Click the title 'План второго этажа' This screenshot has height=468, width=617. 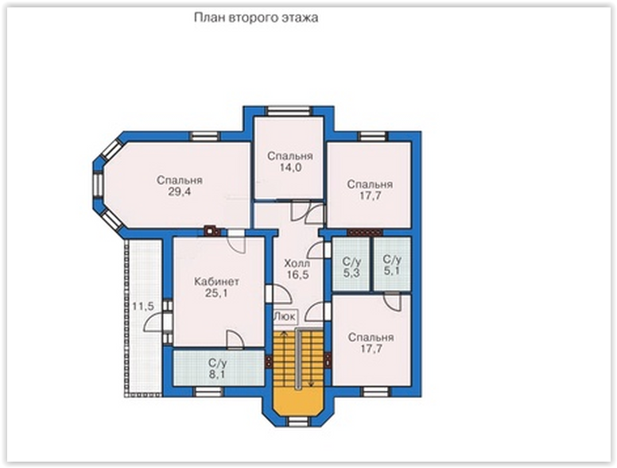256,18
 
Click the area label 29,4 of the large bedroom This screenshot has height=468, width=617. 180,192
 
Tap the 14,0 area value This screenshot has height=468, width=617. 290,168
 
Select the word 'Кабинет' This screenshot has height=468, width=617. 217,281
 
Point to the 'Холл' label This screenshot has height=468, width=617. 297,263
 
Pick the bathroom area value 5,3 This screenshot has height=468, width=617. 351,273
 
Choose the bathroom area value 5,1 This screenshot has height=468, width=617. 392,271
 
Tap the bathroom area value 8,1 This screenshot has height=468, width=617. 217,374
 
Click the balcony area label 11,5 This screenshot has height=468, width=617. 143,307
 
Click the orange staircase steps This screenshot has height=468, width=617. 298,359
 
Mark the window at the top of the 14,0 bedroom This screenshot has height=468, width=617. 289,111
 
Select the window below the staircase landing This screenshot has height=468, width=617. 298,423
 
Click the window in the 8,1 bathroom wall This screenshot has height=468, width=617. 208,392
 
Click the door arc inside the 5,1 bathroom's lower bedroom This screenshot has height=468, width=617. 392,303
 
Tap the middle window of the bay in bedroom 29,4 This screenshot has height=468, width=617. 98,184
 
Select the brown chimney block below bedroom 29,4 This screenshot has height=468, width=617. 211,230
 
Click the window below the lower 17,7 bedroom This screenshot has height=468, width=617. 376,392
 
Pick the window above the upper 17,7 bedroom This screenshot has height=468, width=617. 373,136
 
